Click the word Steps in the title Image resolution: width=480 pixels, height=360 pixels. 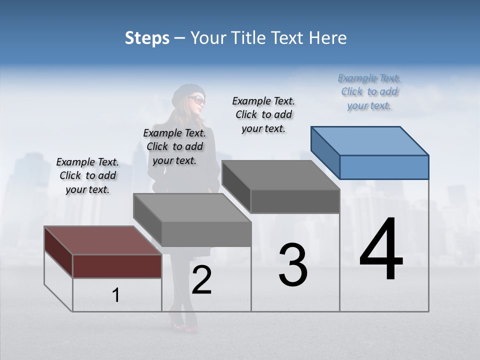pyautogui.click(x=147, y=38)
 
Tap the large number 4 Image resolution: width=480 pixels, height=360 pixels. pyautogui.click(x=381, y=250)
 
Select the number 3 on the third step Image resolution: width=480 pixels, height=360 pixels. pyautogui.click(x=292, y=265)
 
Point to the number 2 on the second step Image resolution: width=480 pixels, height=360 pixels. pyautogui.click(x=201, y=280)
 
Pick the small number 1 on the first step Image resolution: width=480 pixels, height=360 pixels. pyautogui.click(x=116, y=295)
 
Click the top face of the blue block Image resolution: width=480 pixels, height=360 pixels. pyautogui.click(x=370, y=141)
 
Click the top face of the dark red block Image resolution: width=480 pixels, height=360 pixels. pyautogui.click(x=103, y=240)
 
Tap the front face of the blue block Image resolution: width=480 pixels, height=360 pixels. pyautogui.click(x=384, y=167)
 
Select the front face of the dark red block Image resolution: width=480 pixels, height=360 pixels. pyautogui.click(x=117, y=266)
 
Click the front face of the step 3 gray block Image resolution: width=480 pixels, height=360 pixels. pyautogui.click(x=295, y=201)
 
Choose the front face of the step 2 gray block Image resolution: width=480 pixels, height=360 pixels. pyautogui.click(x=206, y=234)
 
